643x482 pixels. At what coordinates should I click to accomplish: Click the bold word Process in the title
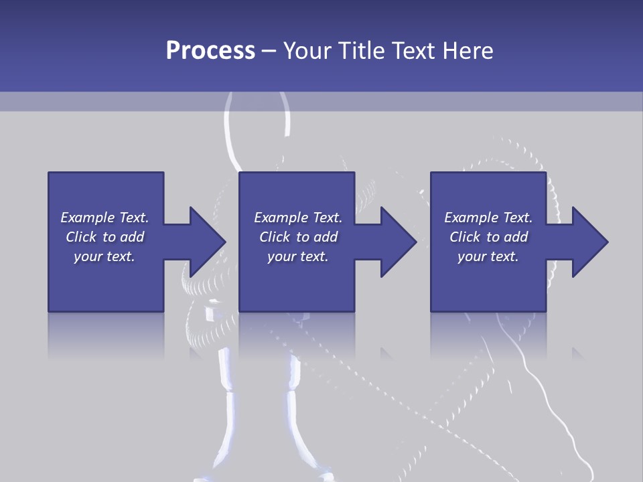(210, 51)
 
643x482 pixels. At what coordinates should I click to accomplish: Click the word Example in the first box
(87, 218)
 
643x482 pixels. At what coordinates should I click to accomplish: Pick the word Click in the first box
(82, 237)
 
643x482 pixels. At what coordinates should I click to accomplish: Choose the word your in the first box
(88, 256)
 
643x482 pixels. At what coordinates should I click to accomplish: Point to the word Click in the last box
(466, 237)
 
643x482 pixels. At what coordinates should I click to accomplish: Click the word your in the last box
(472, 256)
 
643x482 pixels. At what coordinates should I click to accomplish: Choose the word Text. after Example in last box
(517, 218)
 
